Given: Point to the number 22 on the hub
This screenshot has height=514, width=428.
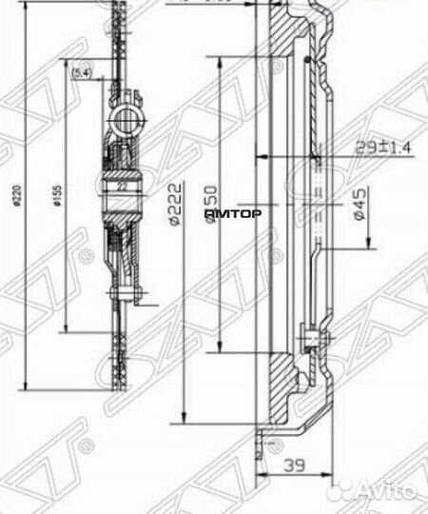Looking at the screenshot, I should pos(122,187).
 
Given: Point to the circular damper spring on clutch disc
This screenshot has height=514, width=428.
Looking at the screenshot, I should pos(126,118).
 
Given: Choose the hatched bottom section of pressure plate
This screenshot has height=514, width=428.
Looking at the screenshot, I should pos(285,390).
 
